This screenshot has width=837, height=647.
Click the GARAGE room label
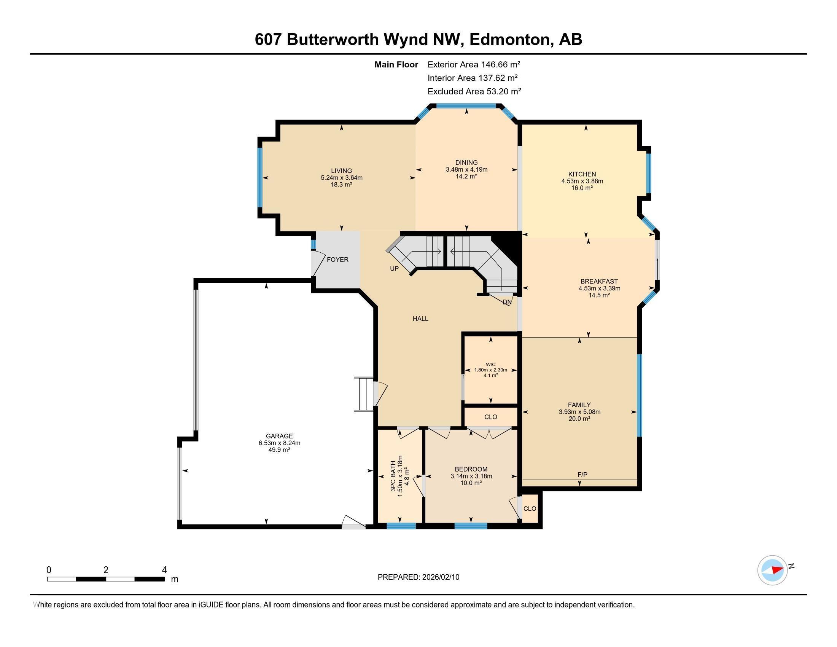[x=279, y=436]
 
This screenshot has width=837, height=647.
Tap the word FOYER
[x=337, y=260]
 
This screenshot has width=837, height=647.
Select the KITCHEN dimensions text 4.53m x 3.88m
[x=582, y=181]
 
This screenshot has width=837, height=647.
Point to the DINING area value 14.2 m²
[x=466, y=176]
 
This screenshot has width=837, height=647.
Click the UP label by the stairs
[x=394, y=269]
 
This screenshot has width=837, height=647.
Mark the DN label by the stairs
[x=507, y=302]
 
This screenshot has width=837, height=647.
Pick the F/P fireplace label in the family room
[x=582, y=475]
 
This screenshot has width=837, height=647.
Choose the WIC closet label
[x=490, y=365]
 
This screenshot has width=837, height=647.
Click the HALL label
[x=420, y=319]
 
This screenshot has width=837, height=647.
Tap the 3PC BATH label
[x=393, y=476]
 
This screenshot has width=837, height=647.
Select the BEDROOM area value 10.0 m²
[x=471, y=483]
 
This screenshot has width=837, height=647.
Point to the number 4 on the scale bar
[x=164, y=570]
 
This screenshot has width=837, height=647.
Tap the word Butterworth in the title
[x=332, y=40]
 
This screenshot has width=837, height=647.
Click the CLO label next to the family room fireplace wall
[x=529, y=508]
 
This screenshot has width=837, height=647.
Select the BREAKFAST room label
[x=598, y=281]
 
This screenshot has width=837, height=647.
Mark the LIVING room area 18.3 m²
[x=341, y=184]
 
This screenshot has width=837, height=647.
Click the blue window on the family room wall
[x=639, y=395]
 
